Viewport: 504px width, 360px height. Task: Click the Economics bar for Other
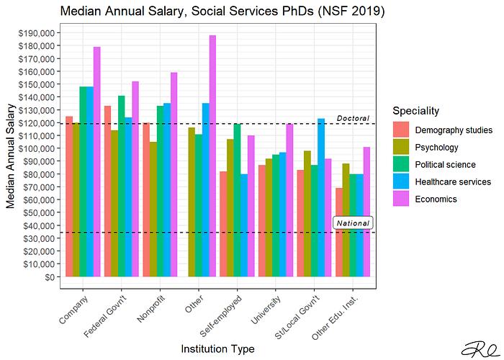[x=212, y=156]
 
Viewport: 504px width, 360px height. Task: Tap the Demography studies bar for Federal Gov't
[x=107, y=191]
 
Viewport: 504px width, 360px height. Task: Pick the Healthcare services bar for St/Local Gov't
[x=321, y=197]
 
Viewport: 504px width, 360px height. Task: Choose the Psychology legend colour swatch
[x=401, y=148]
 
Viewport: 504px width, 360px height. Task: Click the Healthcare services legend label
[x=453, y=182]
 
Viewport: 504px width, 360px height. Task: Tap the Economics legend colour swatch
[x=401, y=199]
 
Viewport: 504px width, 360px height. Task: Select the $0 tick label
[x=48, y=277]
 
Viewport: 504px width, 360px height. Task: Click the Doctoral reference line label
[x=353, y=118]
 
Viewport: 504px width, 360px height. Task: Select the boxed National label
[x=353, y=223]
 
